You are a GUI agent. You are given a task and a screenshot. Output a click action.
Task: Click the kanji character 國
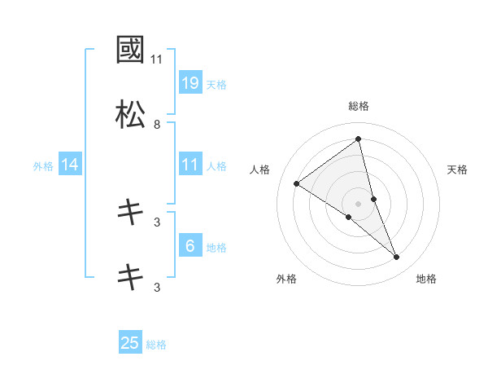click(130, 51)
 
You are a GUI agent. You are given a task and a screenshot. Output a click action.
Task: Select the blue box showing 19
click(190, 83)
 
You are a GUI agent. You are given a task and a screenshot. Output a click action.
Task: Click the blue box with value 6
click(190, 247)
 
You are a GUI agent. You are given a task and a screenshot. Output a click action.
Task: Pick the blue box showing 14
click(70, 165)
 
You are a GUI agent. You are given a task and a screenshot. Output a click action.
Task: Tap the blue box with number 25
click(130, 343)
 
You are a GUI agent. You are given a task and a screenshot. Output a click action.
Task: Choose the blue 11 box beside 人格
click(190, 165)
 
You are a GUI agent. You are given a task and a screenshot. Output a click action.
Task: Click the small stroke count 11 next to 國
click(157, 59)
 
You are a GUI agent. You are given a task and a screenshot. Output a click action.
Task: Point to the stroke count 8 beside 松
click(157, 125)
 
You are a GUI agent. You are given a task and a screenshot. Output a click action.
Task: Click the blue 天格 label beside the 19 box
click(216, 84)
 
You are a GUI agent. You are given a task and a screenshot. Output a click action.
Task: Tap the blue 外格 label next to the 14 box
click(43, 166)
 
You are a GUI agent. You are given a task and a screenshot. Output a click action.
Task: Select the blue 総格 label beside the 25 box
click(156, 345)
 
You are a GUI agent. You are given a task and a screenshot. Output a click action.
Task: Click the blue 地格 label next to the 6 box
click(216, 248)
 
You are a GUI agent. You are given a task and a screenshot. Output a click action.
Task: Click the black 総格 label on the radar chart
click(359, 106)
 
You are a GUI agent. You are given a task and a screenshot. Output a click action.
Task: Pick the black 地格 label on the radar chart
click(426, 280)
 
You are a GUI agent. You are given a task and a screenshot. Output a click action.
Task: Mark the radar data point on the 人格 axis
click(296, 183)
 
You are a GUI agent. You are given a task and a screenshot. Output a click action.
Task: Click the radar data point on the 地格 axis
click(397, 258)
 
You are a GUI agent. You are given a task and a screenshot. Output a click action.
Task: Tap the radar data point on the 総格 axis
click(359, 139)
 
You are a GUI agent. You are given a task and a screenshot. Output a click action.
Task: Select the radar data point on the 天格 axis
click(374, 199)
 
